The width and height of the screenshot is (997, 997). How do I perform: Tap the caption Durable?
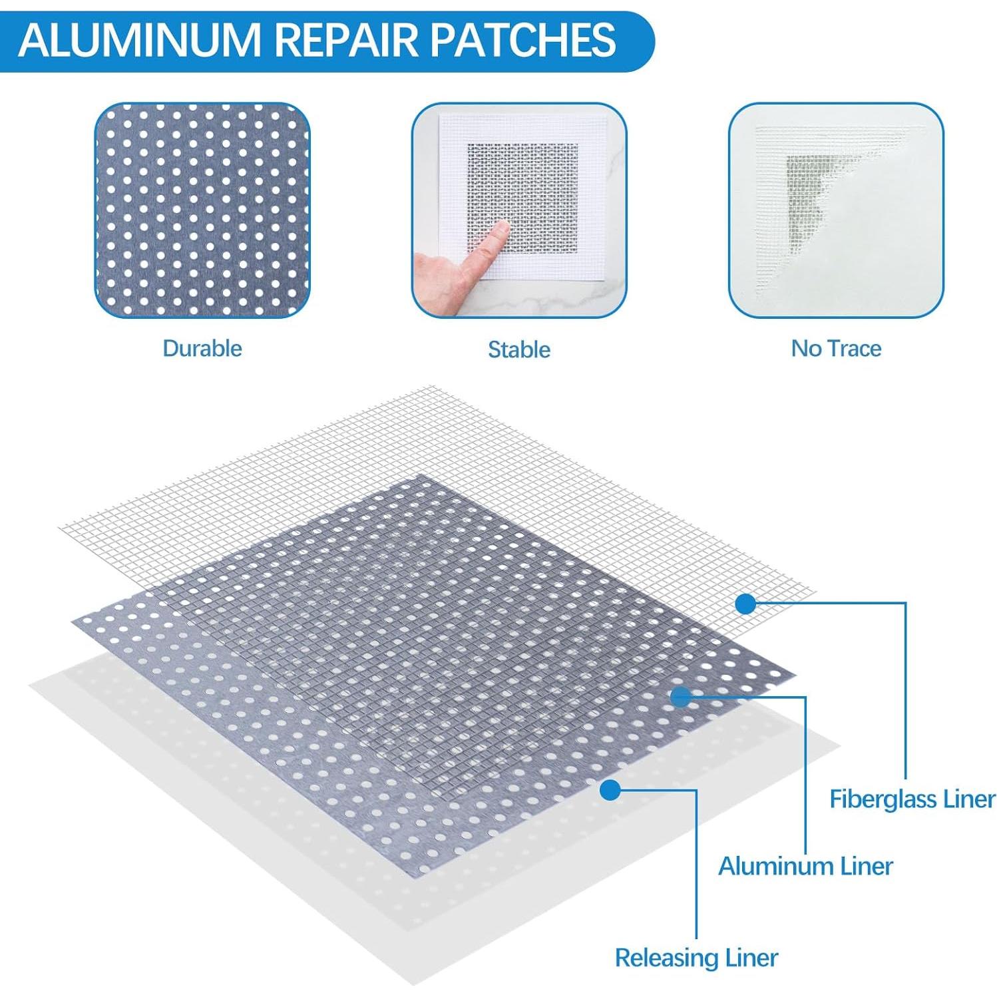pyautogui.click(x=202, y=348)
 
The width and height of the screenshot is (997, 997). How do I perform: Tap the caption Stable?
pyautogui.click(x=519, y=349)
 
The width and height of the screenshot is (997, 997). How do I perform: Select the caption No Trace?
pyautogui.click(x=836, y=348)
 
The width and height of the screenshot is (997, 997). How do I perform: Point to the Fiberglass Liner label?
pyautogui.click(x=912, y=799)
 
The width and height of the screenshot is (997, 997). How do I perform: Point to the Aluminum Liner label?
pyautogui.click(x=805, y=866)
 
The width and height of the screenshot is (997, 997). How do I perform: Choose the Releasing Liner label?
pyautogui.click(x=696, y=958)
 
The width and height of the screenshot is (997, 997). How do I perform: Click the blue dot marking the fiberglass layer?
pyautogui.click(x=746, y=604)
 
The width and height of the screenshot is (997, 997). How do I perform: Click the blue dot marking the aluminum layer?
pyautogui.click(x=680, y=697)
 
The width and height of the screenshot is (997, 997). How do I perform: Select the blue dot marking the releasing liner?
pyautogui.click(x=610, y=790)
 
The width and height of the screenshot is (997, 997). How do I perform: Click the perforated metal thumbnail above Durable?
pyautogui.click(x=202, y=210)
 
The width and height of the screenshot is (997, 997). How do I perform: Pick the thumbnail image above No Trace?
pyautogui.click(x=836, y=210)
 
